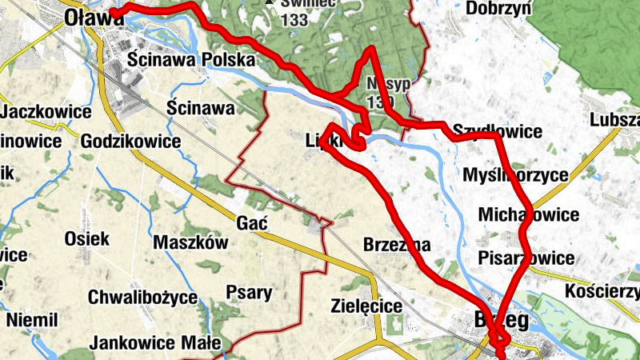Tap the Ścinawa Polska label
click(x=192, y=60)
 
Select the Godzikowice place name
click(x=130, y=142)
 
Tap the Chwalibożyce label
click(x=143, y=297)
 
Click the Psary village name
click(x=249, y=292)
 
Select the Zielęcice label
click(x=366, y=305)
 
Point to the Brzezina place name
click(x=398, y=244)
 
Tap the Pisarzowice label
click(x=526, y=258)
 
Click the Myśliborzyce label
click(x=516, y=174)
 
